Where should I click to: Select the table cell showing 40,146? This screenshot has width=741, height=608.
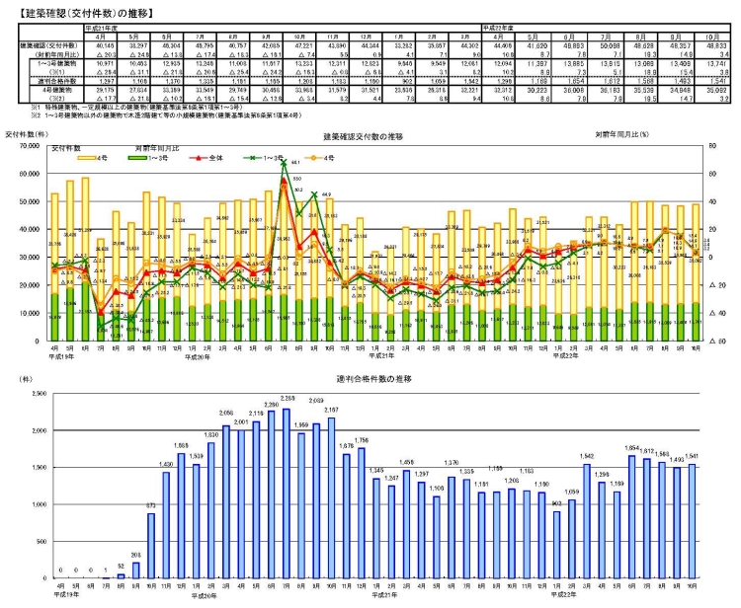pyautogui.click(x=79, y=45)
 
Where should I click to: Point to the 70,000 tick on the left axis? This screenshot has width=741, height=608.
pyautogui.click(x=33, y=148)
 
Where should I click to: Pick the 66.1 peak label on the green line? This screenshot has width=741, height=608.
pyautogui.click(x=295, y=164)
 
